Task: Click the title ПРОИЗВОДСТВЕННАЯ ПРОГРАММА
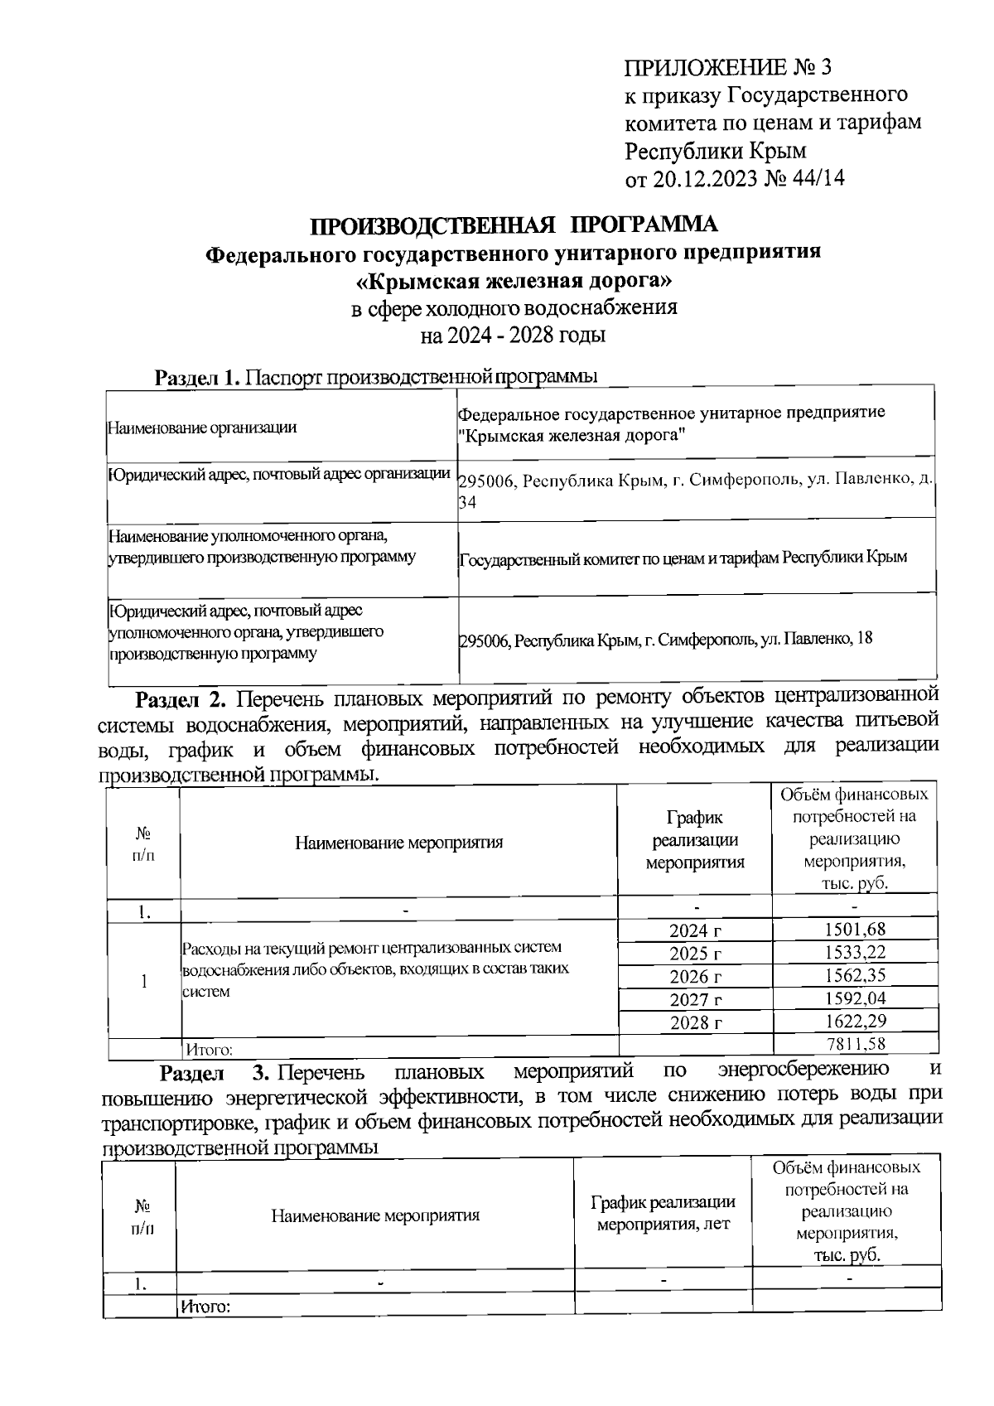click(x=514, y=225)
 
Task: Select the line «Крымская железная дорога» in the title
click(x=514, y=281)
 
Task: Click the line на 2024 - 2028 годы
click(x=514, y=336)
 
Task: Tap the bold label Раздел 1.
click(x=197, y=379)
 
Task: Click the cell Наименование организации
click(x=202, y=428)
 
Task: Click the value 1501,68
click(x=855, y=930)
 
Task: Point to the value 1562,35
click(x=855, y=975)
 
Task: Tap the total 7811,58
click(x=856, y=1043)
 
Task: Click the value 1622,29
click(x=855, y=1022)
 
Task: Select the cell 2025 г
click(x=695, y=954)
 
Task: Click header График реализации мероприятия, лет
click(x=663, y=1213)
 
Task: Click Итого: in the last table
click(x=205, y=1307)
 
